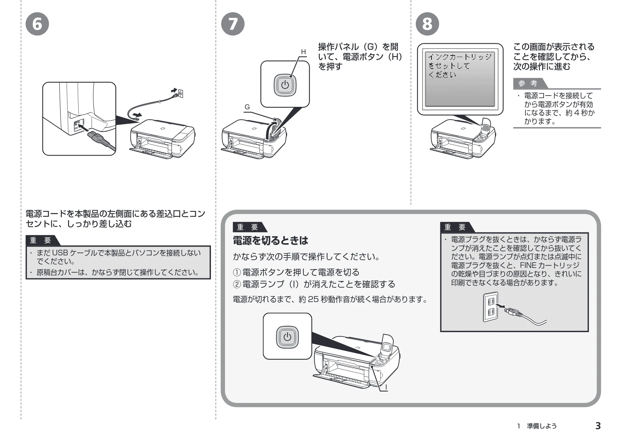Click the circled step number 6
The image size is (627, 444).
coord(37,24)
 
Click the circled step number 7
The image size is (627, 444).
coord(233,24)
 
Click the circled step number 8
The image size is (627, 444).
coord(427,24)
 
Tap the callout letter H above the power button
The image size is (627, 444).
coord(303,52)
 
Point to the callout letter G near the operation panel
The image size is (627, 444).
coord(247,107)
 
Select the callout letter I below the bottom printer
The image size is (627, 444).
coord(386,387)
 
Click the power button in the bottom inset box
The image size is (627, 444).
coord(287,337)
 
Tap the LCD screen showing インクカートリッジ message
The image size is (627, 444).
coord(460,79)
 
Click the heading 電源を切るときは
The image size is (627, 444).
coord(270,240)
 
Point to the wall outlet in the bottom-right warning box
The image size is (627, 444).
coord(491,307)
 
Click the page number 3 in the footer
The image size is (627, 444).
coord(598,426)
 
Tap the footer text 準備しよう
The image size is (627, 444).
coord(542,426)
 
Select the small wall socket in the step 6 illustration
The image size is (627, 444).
coord(180,94)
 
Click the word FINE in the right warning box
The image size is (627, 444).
coord(528,265)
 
